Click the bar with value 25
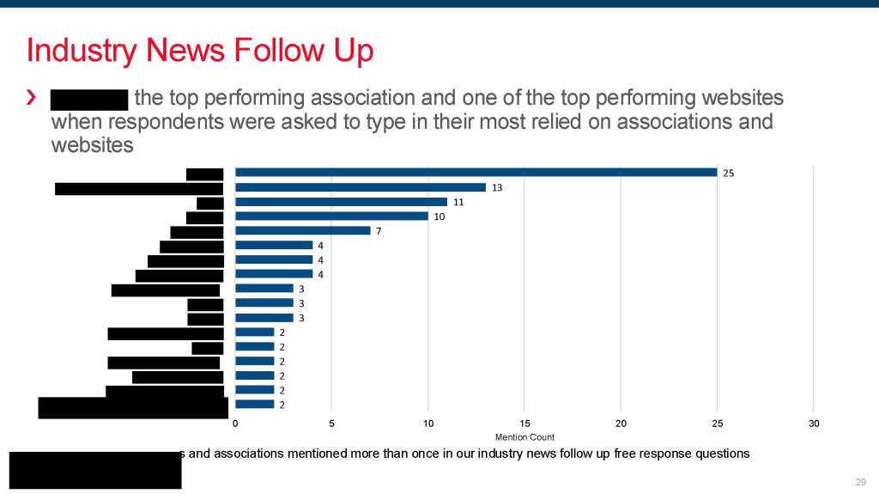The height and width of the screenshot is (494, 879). (476, 173)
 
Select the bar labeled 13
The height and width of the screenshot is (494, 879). (361, 187)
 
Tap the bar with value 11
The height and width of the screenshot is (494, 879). (341, 202)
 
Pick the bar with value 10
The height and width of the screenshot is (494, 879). (331, 216)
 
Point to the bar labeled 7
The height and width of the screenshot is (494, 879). (302, 230)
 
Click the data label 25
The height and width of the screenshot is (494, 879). (728, 173)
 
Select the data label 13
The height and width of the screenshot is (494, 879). (496, 187)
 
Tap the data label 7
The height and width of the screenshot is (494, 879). (379, 230)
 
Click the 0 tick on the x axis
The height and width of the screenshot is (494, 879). (235, 424)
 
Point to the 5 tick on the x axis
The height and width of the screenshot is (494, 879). (331, 424)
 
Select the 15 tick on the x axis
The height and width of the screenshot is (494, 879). (524, 424)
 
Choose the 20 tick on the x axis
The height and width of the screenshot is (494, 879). (621, 424)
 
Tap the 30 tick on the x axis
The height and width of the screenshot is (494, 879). (814, 424)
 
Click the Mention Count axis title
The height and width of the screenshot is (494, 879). (524, 437)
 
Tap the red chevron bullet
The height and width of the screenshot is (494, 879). (32, 99)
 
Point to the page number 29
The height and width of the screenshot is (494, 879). (861, 481)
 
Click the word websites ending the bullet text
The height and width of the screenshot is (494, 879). (93, 144)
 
